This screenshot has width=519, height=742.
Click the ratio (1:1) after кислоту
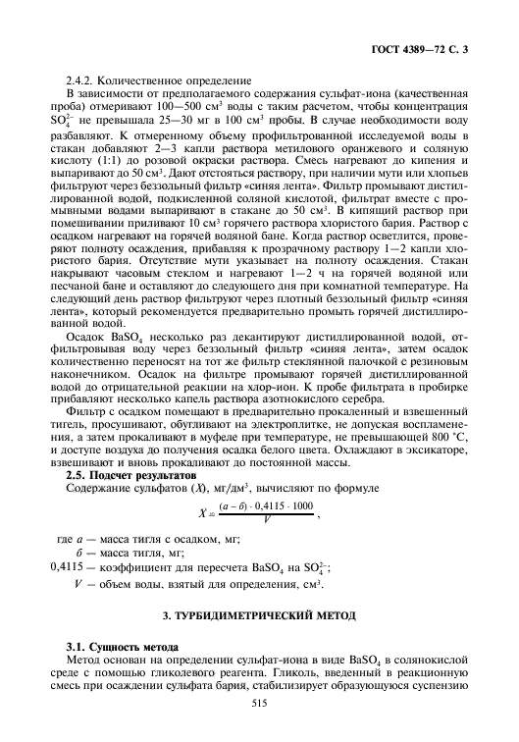pyautogui.click(x=98, y=157)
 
